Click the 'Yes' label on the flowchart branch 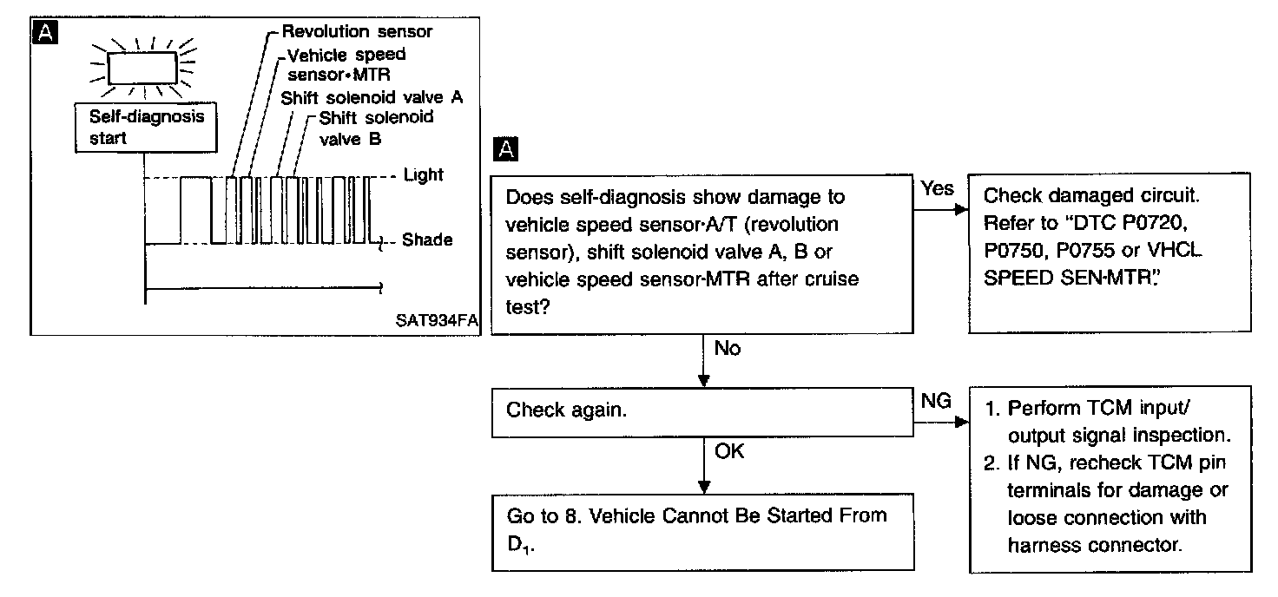[x=937, y=188]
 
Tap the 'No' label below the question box [x=727, y=348]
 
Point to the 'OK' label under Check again [x=729, y=451]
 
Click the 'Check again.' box [x=703, y=410]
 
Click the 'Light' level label [x=424, y=175]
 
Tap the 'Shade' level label [x=427, y=239]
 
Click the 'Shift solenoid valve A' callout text [x=372, y=97]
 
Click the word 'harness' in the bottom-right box [x=1044, y=545]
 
